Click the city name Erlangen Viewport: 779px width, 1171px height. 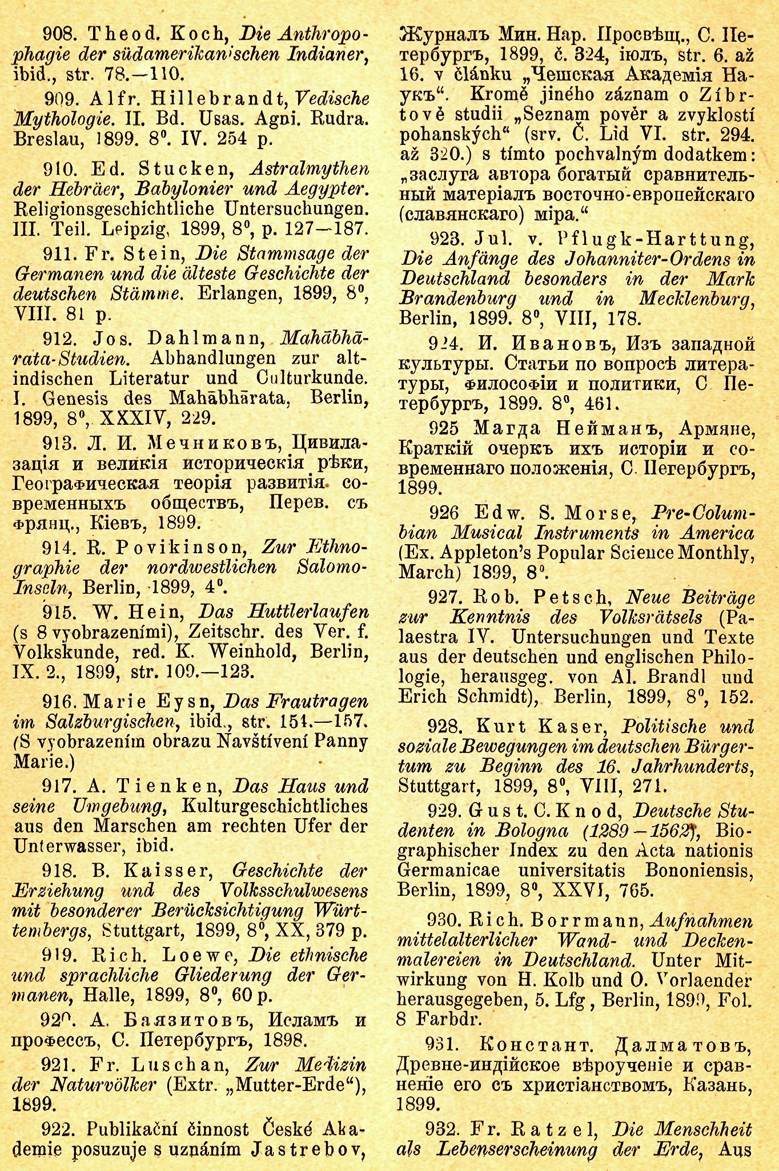tap(232, 294)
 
